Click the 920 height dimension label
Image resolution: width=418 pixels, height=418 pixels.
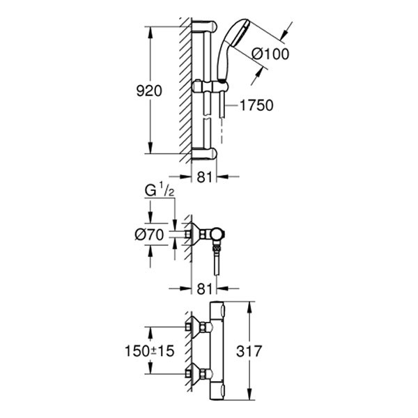pyautogui.click(x=149, y=91)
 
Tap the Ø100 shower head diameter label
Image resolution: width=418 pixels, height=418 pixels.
pyautogui.click(x=270, y=54)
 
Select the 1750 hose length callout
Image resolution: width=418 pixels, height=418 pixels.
pyautogui.click(x=256, y=105)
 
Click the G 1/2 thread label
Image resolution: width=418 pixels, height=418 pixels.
pyautogui.click(x=160, y=191)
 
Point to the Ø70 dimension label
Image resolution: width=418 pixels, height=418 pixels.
pyautogui.click(x=149, y=235)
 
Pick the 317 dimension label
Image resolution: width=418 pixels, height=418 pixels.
pyautogui.click(x=249, y=351)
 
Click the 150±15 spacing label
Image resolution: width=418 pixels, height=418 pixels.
pyautogui.click(x=149, y=351)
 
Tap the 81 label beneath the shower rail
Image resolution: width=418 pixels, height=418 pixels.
pyautogui.click(x=204, y=177)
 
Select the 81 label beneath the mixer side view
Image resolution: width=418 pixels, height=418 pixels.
pyautogui.click(x=204, y=289)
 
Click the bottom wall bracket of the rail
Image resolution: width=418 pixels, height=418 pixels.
pyautogui.click(x=204, y=154)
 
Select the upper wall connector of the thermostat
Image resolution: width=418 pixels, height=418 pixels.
pyautogui.click(x=199, y=326)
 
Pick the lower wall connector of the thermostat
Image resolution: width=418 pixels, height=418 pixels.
pyautogui.click(x=199, y=373)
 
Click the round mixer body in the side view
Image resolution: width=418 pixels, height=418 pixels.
pyautogui.click(x=217, y=235)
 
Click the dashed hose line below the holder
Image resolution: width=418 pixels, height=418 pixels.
pyautogui.click(x=222, y=131)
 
